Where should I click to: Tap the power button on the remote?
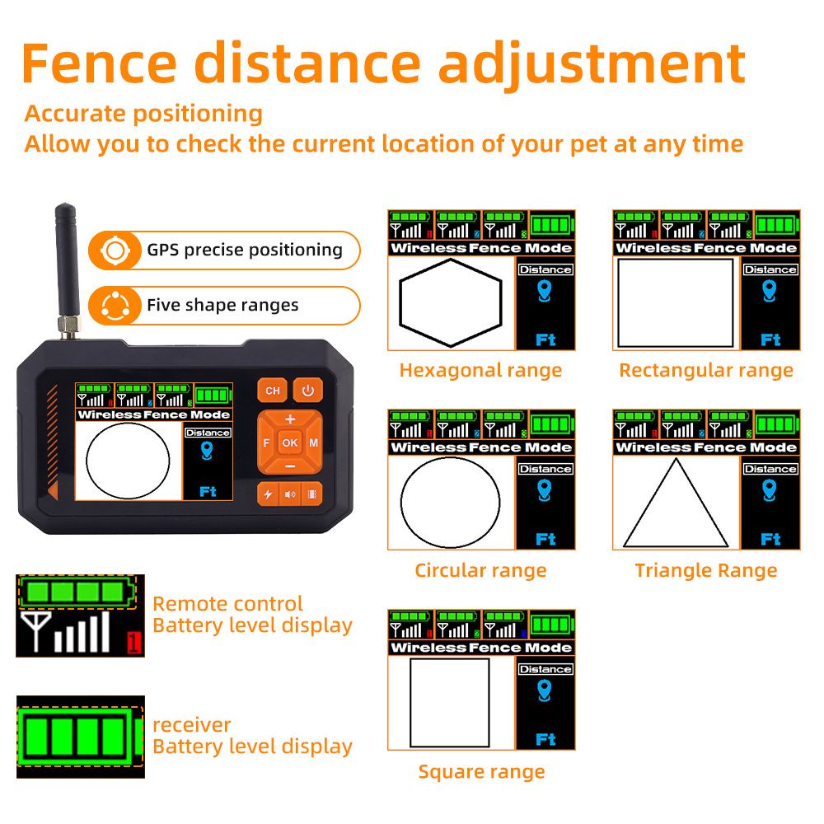pos(307,391)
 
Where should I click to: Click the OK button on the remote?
pos(290,442)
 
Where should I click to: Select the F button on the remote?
pos(266,442)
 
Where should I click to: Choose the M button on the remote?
pos(314,442)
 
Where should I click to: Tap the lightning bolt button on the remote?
pos(268,494)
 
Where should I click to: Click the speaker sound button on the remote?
pos(290,494)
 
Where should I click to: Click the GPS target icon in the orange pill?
pos(115,250)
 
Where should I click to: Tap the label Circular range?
pos(480,570)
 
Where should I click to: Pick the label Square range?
pos(481,771)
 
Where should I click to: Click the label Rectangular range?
pos(706,370)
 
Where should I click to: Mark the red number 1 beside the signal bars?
pos(134,642)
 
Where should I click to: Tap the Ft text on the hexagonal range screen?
pos(545,339)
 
